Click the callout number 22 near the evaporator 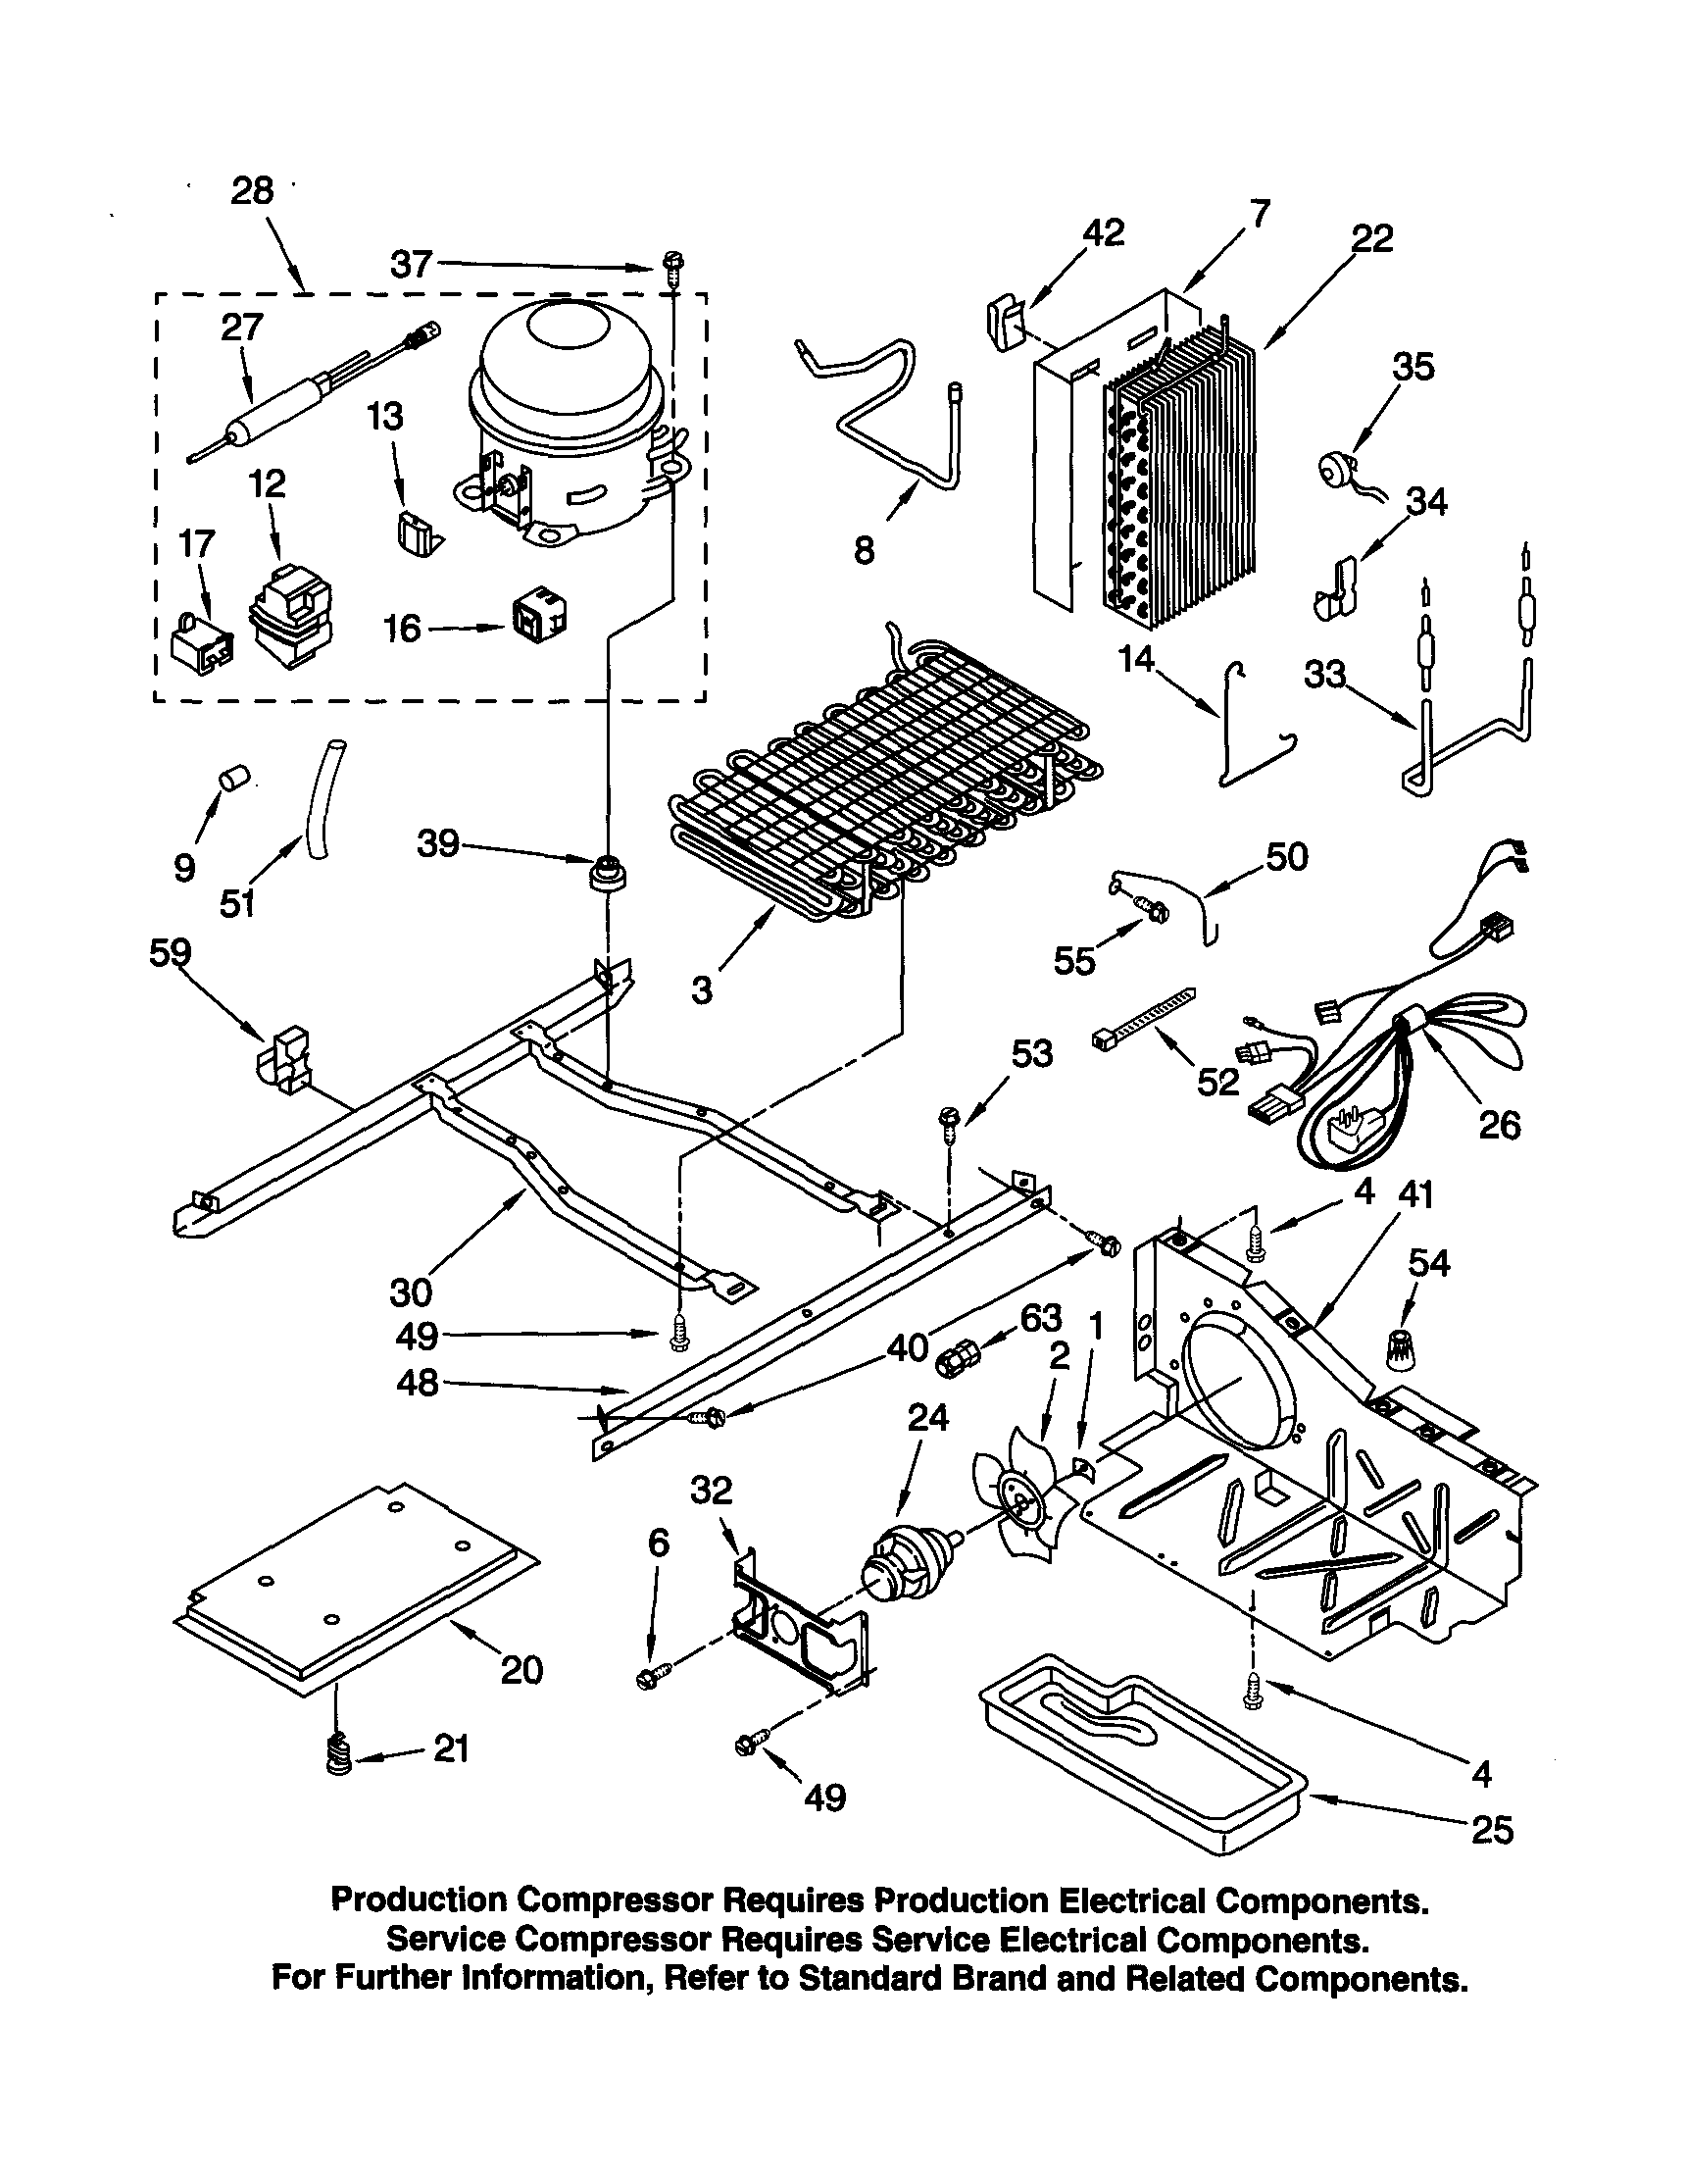[x=1371, y=239]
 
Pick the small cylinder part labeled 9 [x=235, y=777]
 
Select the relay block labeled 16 [x=538, y=618]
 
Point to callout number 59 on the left [x=170, y=953]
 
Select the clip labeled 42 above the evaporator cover [x=1003, y=323]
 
